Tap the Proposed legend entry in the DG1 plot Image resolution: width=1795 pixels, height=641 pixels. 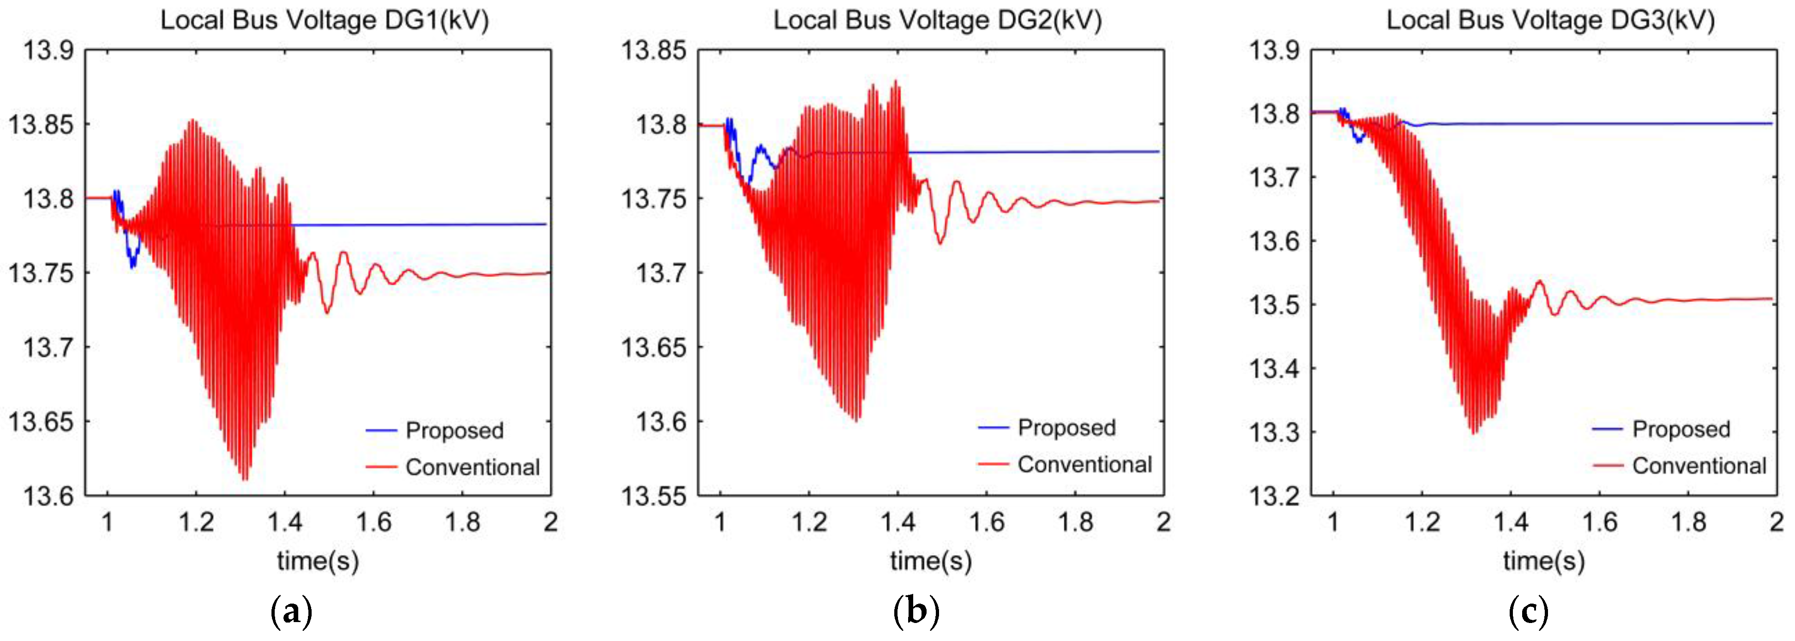pos(454,430)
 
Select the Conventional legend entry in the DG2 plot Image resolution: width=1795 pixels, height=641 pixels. pos(1084,464)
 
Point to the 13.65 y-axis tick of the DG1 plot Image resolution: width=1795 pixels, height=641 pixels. pos(41,422)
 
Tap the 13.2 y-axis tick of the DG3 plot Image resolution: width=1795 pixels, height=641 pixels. pos(1273,496)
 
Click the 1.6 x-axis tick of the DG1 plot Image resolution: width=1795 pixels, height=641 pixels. pos(373,522)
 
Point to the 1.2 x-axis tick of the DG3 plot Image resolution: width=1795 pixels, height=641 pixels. pos(1422,522)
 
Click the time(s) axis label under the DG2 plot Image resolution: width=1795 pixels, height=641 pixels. pos(931,561)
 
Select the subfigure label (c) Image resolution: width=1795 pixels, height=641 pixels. pos(1528,612)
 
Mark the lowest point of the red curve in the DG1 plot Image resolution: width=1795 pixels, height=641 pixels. pos(245,480)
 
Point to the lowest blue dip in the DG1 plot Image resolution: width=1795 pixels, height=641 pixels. pos(133,267)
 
